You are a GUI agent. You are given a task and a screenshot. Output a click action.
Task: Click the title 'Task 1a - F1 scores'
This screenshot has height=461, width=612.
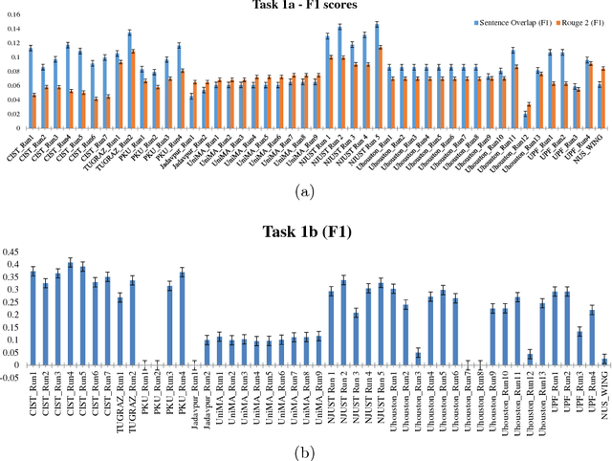pos(305,8)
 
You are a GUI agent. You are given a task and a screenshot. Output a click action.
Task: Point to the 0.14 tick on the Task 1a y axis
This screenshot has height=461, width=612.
pos(13,28)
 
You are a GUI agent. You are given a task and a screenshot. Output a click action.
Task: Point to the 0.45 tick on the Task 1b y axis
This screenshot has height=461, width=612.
pos(13,252)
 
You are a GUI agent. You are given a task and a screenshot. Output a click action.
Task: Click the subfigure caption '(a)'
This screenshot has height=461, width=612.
pos(306,191)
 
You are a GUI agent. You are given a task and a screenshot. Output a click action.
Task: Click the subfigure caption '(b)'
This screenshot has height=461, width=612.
pos(306,451)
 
